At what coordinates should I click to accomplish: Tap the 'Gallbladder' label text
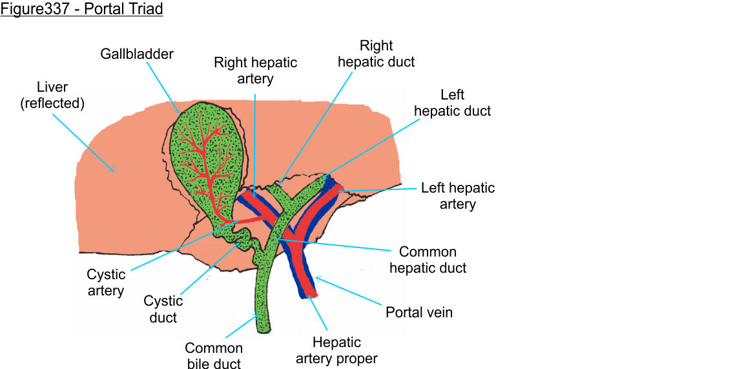(x=137, y=54)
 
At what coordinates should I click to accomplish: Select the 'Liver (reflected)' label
(x=53, y=94)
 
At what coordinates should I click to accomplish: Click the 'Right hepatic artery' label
(x=256, y=70)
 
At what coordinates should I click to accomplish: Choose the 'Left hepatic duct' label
(x=452, y=103)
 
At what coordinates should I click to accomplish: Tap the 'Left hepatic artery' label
(x=458, y=196)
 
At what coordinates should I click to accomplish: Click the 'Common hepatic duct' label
(x=428, y=259)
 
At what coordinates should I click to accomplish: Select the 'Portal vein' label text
(x=419, y=313)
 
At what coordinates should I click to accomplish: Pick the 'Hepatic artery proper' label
(x=336, y=350)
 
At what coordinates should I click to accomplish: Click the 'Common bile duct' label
(x=214, y=356)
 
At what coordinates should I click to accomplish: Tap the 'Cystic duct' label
(x=163, y=309)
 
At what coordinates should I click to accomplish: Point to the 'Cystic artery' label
(x=105, y=283)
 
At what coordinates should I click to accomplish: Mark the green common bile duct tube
(x=263, y=304)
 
